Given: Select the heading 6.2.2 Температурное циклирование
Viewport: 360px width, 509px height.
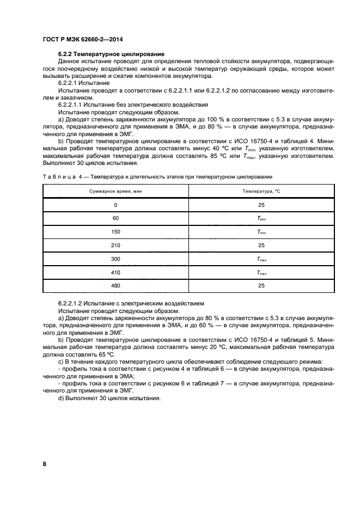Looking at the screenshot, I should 112,54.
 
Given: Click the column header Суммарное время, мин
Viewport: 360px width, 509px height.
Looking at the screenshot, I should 115,191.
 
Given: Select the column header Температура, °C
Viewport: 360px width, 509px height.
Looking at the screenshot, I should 261,191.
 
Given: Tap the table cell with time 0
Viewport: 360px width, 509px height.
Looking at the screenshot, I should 115,205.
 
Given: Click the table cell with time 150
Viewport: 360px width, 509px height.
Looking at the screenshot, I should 115,232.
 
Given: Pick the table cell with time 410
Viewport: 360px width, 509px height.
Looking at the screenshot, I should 115,272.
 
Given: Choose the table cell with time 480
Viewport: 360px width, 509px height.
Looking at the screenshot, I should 115,286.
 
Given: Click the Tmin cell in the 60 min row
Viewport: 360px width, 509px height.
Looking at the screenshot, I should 261,218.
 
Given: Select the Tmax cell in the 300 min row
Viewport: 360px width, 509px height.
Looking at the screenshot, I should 261,259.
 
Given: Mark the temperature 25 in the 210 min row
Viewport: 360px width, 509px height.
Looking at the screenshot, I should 261,245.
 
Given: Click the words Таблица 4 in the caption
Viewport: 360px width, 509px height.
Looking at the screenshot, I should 62,177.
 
